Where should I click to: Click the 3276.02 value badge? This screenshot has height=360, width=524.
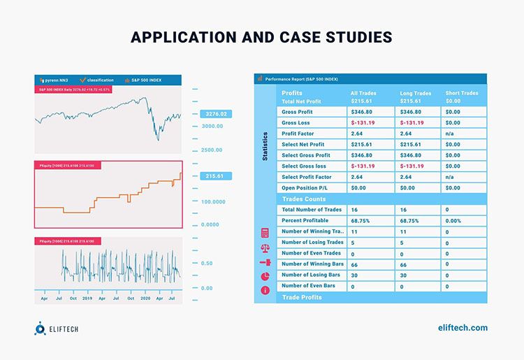point(213,113)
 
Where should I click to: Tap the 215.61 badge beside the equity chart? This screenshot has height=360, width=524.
point(213,176)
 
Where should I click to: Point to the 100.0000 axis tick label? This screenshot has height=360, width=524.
point(213,201)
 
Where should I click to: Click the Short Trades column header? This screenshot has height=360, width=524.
point(462,93)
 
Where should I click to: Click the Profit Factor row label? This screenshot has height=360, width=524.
point(300,134)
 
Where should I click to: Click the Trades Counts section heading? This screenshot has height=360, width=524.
point(305,199)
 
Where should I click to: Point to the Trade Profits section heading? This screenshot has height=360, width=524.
point(302,298)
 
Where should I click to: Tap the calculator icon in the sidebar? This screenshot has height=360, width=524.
point(265,232)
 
